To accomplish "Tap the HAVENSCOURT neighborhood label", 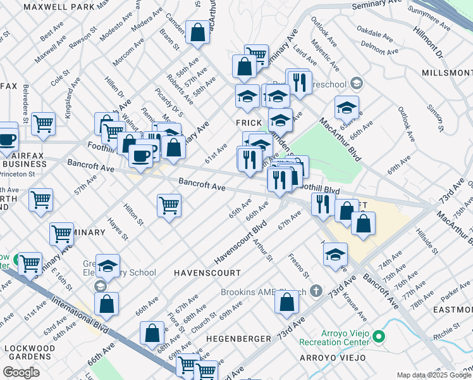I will click(207, 272).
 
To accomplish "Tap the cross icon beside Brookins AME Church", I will click(316, 292).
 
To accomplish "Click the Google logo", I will click(21, 372).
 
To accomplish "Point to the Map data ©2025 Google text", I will click(433, 375).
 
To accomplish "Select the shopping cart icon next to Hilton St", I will click(169, 204).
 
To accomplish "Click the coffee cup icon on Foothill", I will click(140, 154).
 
